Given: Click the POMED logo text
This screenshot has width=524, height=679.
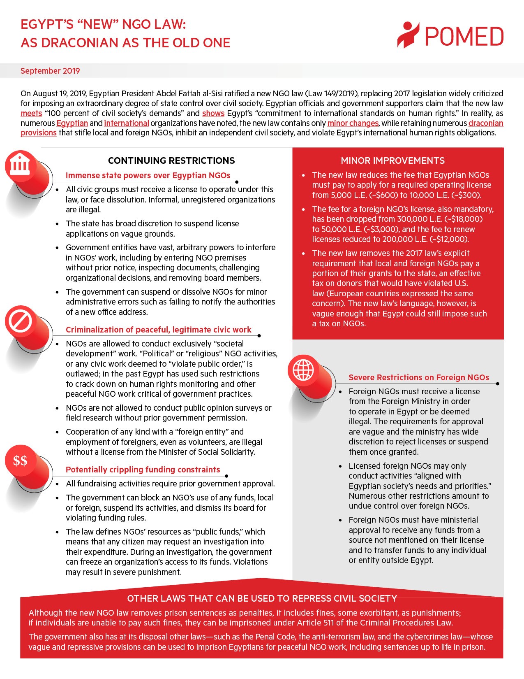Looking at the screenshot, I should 464,37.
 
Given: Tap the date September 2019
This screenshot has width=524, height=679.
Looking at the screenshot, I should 50,71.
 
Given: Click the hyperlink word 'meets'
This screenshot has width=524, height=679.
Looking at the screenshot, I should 31,113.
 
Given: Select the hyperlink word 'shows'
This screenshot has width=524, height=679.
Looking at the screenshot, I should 213,113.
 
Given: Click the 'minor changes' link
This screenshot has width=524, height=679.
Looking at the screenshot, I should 353,123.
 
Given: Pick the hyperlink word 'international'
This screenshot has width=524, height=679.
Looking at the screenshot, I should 126,123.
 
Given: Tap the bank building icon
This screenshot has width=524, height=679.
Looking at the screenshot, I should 20,166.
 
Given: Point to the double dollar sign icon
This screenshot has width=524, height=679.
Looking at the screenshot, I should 20,460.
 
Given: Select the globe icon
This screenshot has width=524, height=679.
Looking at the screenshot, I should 303,370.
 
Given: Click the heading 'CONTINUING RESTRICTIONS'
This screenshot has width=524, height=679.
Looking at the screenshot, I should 171,160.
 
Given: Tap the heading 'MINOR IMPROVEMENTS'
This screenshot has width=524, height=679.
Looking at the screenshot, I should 392,160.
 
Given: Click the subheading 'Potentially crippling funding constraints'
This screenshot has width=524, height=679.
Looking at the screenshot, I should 143,470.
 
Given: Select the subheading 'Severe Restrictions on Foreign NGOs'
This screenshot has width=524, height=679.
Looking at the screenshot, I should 418,377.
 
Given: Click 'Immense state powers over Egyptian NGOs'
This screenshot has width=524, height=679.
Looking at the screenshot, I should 148,175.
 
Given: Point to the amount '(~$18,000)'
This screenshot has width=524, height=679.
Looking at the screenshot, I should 464,219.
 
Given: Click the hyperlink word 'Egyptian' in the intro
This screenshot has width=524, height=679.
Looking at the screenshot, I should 72,123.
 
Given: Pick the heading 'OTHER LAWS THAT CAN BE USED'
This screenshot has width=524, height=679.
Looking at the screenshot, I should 262,598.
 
